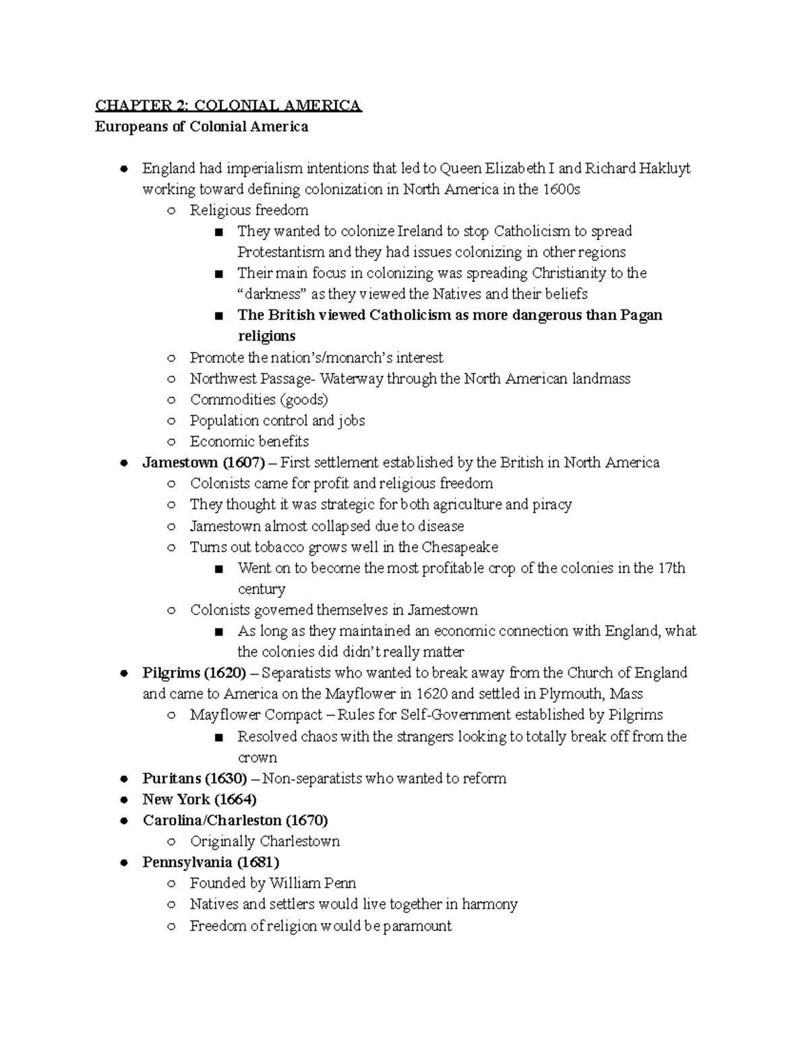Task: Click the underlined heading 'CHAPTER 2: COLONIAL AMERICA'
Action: (x=229, y=106)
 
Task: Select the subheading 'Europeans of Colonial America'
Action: (x=202, y=127)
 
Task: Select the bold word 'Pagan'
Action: (x=640, y=316)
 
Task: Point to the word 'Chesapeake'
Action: (x=460, y=547)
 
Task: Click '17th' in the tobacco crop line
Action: (x=671, y=568)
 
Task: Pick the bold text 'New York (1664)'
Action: (x=200, y=799)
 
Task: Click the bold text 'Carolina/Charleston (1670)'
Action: (x=235, y=820)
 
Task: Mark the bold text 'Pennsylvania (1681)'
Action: (x=211, y=862)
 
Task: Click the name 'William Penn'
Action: (x=312, y=883)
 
